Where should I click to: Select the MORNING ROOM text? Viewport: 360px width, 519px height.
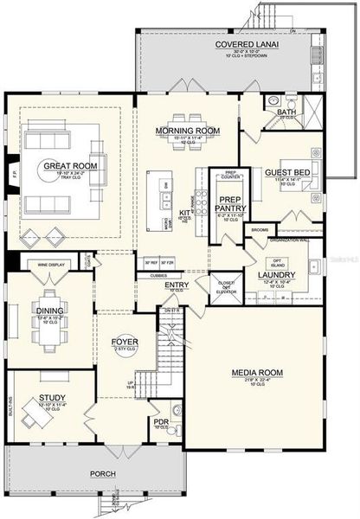pos(184,131)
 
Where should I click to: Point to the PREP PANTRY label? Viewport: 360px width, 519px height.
pos(233,203)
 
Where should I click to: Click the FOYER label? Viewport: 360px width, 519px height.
pos(125,341)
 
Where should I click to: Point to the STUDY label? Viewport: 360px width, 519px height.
pos(51,399)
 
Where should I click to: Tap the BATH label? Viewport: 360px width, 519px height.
pos(285,112)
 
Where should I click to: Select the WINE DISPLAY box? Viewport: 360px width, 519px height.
pos(50,265)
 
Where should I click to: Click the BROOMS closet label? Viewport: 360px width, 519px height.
pos(260,230)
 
